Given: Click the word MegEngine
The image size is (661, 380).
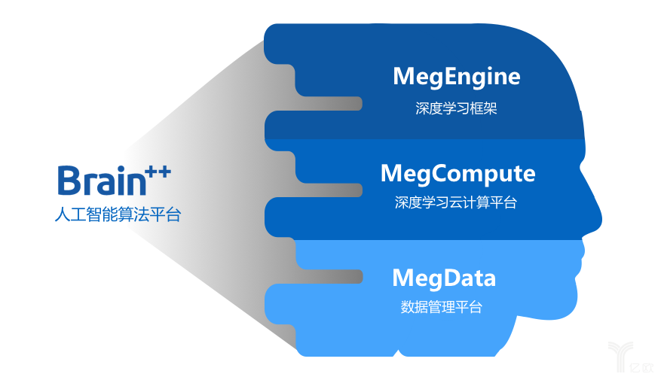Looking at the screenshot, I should (x=456, y=77).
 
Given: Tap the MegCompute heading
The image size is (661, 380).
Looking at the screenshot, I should (x=457, y=174).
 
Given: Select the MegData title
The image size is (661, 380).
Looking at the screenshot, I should (x=444, y=278).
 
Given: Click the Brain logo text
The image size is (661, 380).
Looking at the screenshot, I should (x=99, y=181).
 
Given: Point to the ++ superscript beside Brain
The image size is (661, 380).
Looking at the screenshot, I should (x=158, y=172).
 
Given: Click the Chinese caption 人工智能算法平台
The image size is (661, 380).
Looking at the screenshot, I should (x=118, y=214).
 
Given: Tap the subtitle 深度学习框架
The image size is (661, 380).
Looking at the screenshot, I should (x=456, y=108).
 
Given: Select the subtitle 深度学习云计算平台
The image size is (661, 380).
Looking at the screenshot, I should (x=456, y=202).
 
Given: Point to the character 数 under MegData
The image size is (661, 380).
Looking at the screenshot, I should (x=407, y=307).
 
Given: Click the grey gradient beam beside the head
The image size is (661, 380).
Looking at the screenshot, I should (x=211, y=188).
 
